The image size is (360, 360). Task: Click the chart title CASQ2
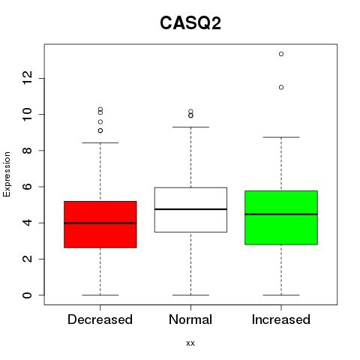tap(190, 23)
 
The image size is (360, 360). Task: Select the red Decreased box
tap(100, 224)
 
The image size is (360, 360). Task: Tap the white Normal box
tap(190, 210)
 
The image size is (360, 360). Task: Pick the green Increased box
tap(281, 217)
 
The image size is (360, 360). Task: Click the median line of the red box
tap(100, 223)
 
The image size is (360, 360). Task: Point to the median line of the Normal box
tap(190, 209)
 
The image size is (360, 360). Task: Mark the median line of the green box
tap(281, 214)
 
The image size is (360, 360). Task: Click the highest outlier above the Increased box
tap(281, 54)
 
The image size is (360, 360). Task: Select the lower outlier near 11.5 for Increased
tap(281, 87)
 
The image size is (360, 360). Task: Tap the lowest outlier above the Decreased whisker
tap(100, 130)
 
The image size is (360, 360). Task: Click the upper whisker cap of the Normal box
tap(190, 127)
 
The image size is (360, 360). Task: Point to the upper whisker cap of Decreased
tap(100, 142)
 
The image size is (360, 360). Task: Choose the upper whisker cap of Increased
tap(281, 137)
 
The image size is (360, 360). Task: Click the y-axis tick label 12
tap(27, 78)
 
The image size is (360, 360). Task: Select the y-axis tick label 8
tap(27, 151)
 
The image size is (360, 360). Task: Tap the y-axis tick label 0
tap(27, 295)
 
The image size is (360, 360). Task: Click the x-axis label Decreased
tap(100, 319)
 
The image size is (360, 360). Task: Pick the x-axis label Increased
tap(281, 319)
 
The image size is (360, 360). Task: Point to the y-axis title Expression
tap(7, 174)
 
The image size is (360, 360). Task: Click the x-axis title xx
tap(190, 343)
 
